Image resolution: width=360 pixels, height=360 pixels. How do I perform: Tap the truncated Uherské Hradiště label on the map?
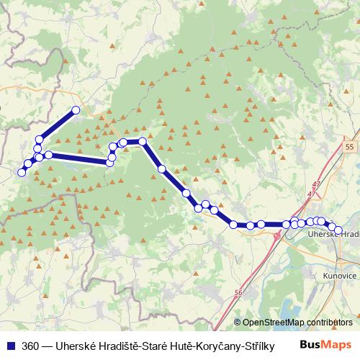point(333,235)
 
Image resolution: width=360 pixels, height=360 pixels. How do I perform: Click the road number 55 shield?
point(349,147)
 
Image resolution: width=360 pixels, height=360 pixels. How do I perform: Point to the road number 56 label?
point(239,292)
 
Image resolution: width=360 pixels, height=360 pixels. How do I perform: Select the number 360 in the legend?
point(31,345)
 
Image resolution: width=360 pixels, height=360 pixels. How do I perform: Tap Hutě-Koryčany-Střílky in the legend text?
point(228,345)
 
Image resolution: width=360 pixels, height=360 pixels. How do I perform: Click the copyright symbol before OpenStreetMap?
point(238,323)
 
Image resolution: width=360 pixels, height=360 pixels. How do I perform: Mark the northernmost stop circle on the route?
point(75,110)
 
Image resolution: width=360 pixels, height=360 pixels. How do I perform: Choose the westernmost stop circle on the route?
point(22,172)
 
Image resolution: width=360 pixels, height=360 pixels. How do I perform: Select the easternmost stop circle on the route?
point(338,230)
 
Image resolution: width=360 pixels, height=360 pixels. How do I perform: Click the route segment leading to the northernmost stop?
point(58,124)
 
